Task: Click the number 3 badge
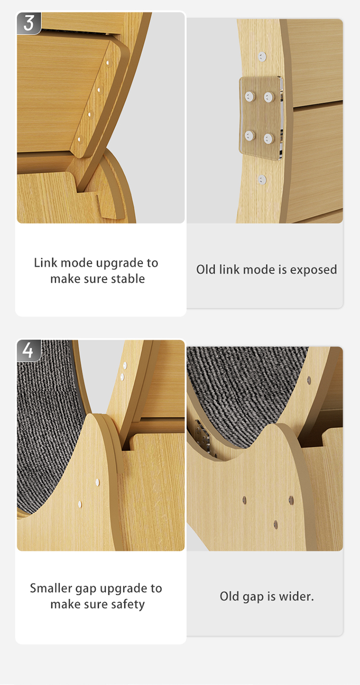(28, 23)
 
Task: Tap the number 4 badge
(28, 350)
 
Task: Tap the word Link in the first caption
(44, 263)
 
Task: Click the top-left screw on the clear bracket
(249, 97)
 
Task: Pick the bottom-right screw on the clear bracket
(268, 139)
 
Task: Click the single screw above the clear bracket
(262, 56)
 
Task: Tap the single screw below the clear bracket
(262, 180)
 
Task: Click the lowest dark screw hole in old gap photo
(276, 524)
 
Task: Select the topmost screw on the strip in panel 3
(109, 63)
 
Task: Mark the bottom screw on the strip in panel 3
(80, 140)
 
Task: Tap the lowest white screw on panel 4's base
(80, 504)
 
